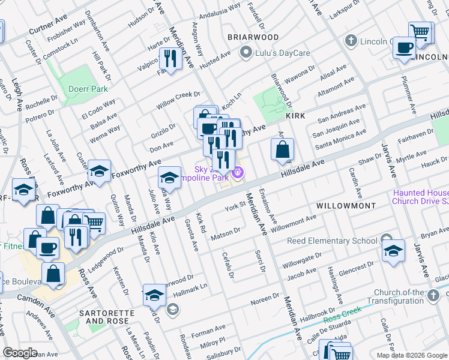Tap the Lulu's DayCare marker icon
(245, 53)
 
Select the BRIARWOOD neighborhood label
(253, 37)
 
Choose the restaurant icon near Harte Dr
(170, 58)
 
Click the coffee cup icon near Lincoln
(405, 47)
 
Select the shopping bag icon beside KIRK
(282, 148)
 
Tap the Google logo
(20, 353)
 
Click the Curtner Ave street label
(48, 28)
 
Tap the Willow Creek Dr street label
(178, 99)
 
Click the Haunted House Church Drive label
(420, 197)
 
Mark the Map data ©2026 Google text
(411, 355)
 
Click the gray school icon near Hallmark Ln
(173, 309)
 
